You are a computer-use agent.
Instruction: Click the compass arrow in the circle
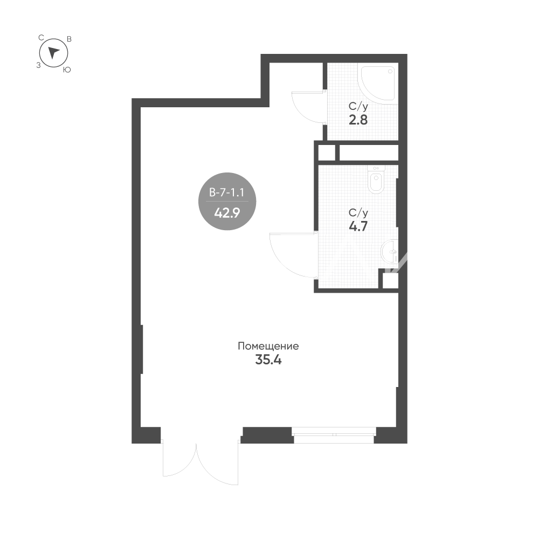[53, 53]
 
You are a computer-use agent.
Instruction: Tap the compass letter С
[41, 38]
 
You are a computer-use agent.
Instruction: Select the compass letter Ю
[67, 70]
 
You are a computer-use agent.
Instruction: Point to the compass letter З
[38, 65]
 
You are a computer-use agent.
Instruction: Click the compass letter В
[69, 39]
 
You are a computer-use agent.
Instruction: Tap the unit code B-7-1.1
[227, 192]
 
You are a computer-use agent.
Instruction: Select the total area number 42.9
[227, 213]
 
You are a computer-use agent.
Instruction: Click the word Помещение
[268, 346]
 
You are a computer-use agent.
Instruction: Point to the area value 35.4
[268, 360]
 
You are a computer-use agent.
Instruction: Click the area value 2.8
[358, 120]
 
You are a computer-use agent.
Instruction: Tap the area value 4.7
[358, 226]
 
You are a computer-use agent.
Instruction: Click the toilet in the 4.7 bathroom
[376, 179]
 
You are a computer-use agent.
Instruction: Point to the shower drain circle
[390, 72]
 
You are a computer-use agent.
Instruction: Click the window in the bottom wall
[334, 435]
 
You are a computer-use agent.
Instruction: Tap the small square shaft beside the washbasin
[390, 281]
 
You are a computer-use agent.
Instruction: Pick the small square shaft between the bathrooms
[327, 153]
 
